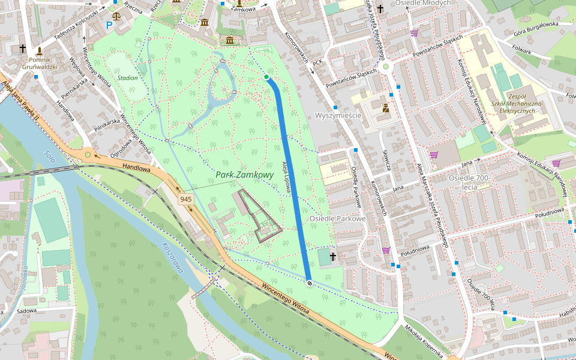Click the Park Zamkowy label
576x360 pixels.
(245, 175)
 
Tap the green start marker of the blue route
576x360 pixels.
(266, 77)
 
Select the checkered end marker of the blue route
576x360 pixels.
(309, 283)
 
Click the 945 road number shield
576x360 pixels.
(185, 199)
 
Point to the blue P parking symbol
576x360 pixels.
(109, 25)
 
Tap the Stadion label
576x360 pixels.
(128, 78)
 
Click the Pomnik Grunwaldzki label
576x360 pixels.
(40, 63)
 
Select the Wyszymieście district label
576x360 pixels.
(338, 115)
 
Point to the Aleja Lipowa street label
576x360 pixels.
(287, 176)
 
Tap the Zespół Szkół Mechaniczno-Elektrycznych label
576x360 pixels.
(517, 104)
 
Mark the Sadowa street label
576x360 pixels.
(27, 311)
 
